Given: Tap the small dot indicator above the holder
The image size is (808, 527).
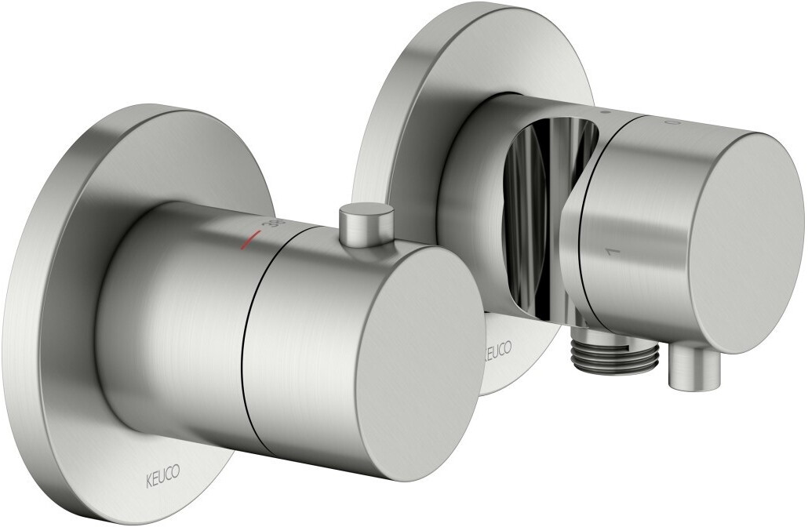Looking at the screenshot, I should [604, 114].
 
